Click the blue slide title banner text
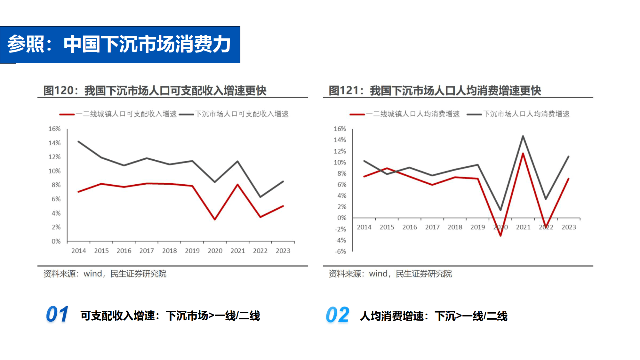[119, 44]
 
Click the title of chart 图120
[155, 91]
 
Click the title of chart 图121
[435, 91]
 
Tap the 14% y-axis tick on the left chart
[54, 143]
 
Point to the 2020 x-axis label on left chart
[215, 251]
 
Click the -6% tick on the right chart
[340, 251]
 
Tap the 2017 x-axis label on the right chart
[432, 227]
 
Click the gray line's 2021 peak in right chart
[523, 136]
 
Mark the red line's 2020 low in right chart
[500, 236]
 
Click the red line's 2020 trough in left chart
[215, 219]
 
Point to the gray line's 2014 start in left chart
[79, 141]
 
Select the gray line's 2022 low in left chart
[260, 196]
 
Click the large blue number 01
[57, 314]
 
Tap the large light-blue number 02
[337, 315]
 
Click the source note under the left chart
[105, 274]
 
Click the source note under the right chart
[390, 274]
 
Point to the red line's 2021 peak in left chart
[237, 185]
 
